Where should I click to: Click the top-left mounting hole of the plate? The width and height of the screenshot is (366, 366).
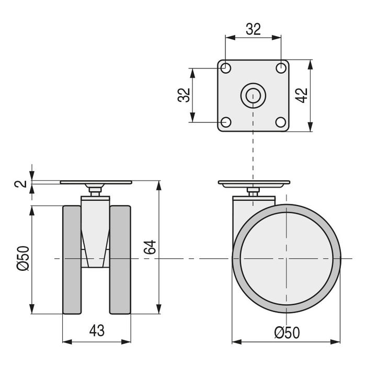tap(226, 67)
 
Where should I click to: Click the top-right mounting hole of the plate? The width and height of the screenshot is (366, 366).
tap(281, 67)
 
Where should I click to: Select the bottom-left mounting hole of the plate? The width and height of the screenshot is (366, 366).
tap(226, 122)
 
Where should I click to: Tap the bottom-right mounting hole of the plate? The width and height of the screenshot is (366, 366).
tap(281, 122)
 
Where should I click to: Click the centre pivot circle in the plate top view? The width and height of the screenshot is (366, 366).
tap(253, 95)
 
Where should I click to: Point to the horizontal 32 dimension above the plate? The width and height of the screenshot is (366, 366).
tap(253, 29)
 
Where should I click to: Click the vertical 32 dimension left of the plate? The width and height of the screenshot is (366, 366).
tap(184, 95)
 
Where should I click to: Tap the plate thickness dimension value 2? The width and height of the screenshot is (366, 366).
tap(19, 184)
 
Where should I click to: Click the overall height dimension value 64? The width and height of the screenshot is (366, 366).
tap(150, 248)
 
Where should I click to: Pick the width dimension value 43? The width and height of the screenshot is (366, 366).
tap(97, 330)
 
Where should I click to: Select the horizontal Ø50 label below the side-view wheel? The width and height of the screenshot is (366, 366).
tap(286, 332)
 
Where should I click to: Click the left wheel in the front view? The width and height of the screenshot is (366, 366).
tap(73, 260)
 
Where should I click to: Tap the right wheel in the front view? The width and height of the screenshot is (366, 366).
tap(120, 260)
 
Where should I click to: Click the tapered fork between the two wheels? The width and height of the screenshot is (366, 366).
tap(96, 235)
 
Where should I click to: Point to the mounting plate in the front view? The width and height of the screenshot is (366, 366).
tap(96, 182)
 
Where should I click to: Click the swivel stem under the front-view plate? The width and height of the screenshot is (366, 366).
tap(96, 191)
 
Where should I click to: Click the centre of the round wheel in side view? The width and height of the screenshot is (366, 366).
tap(287, 258)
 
